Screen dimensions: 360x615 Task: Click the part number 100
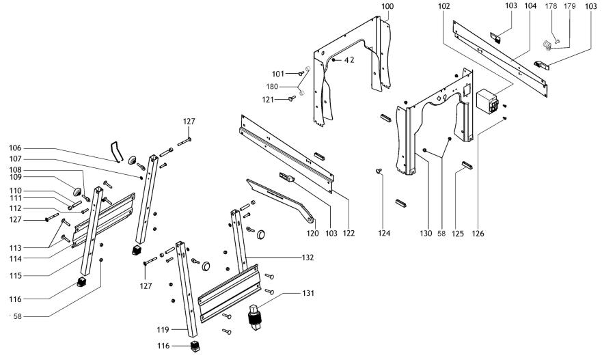click(x=387, y=6)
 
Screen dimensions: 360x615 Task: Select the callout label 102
click(x=444, y=6)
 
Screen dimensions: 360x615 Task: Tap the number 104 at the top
click(x=530, y=6)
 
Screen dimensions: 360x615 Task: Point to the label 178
click(x=551, y=6)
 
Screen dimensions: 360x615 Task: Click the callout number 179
click(x=569, y=6)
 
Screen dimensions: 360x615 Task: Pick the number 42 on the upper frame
click(x=348, y=60)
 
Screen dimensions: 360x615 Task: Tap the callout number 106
click(x=15, y=148)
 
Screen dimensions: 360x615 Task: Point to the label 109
click(x=15, y=178)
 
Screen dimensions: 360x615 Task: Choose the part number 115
click(x=15, y=275)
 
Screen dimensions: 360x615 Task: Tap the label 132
click(x=307, y=258)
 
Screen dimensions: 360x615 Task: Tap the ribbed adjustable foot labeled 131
click(x=256, y=316)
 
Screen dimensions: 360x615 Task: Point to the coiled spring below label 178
click(x=547, y=46)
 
